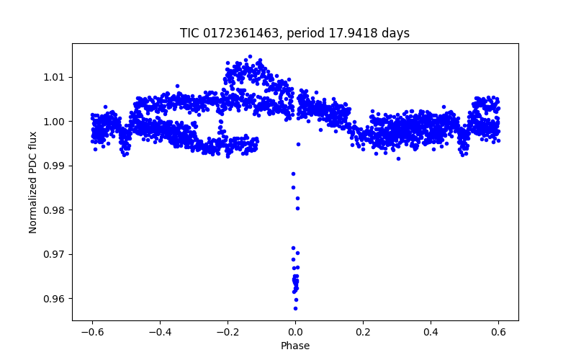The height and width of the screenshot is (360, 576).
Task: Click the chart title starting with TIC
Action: pos(294,33)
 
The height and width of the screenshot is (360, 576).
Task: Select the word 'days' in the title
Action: pos(394,33)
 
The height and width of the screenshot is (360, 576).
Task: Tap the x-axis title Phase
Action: pos(294,346)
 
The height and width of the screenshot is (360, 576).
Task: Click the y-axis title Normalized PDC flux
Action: pos(33,181)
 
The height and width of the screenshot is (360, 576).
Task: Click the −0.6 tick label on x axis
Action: pos(91,332)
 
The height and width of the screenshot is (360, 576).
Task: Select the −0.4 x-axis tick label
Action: pos(159,332)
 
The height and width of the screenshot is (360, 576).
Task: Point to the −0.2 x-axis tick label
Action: pos(227,332)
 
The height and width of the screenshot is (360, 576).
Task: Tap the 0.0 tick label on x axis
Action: pos(295,332)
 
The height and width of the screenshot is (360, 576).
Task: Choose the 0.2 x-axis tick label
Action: pos(363,332)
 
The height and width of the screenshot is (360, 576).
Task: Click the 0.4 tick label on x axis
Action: pos(431,332)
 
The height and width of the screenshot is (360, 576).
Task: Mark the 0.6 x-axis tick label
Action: pos(498,332)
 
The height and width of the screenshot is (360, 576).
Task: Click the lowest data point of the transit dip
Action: pos(295,308)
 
